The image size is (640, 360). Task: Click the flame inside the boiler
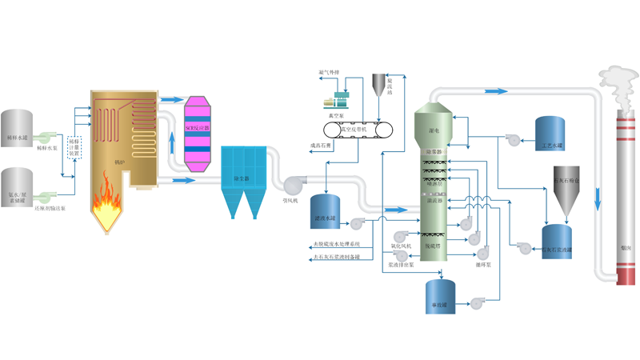click(x=105, y=209)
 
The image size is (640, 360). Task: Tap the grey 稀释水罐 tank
click(x=17, y=128)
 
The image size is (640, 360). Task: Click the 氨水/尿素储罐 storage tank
click(x=17, y=186)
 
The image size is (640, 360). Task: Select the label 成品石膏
click(x=322, y=146)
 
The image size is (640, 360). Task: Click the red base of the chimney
click(x=626, y=271)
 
